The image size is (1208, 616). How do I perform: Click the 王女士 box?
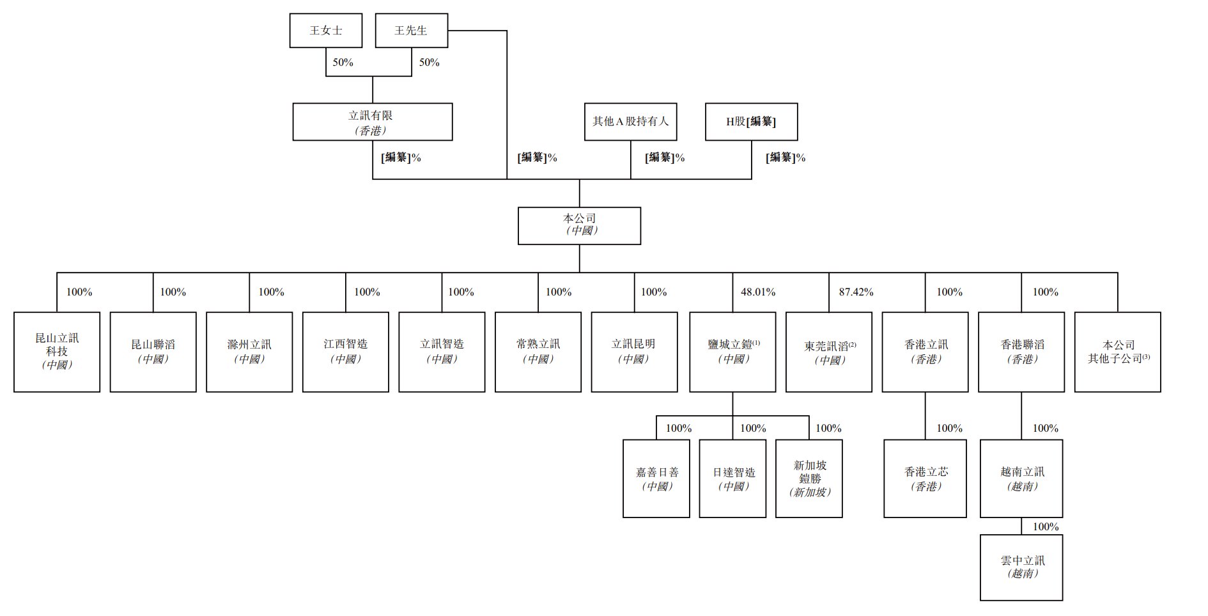coord(325,31)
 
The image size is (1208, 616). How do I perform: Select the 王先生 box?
coord(411,31)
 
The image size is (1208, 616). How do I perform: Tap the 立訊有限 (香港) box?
coord(372,122)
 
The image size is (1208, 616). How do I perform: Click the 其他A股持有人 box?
coord(630,122)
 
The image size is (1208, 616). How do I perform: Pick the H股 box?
coord(751,122)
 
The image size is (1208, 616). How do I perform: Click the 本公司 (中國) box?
coord(579,225)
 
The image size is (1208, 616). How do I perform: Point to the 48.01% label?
coord(758,292)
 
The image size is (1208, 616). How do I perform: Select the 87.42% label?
coord(856,292)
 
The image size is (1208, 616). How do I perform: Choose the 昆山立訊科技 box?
coord(57,352)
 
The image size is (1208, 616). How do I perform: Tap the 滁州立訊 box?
coord(249,352)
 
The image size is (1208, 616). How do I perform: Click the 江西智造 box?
coord(345,352)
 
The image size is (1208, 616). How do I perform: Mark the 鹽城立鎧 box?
coord(732,352)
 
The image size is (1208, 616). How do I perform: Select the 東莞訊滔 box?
coord(829,352)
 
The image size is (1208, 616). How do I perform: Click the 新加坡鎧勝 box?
coord(809,478)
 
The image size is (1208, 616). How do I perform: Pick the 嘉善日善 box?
coord(656,478)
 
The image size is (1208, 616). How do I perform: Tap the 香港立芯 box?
coord(925,478)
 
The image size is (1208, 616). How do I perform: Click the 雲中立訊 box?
coord(1021,567)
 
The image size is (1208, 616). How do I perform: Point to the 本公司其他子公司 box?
coord(1118,352)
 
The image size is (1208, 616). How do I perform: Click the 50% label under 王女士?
coord(343,63)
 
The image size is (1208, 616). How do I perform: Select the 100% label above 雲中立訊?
coord(1046,527)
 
